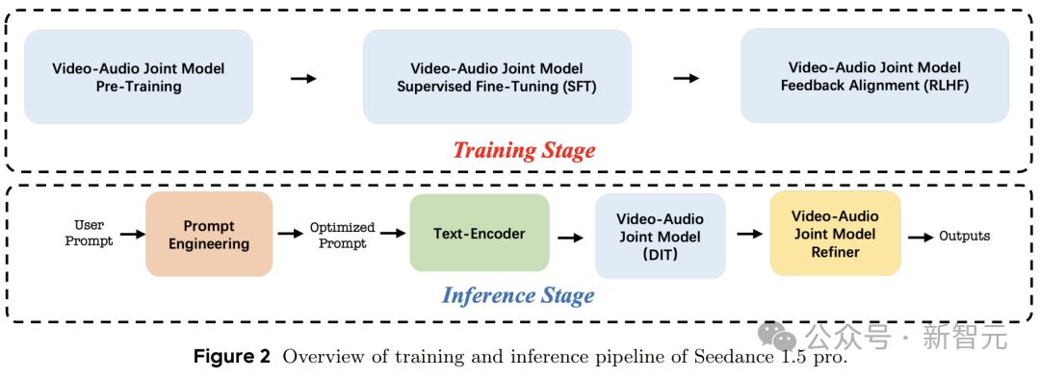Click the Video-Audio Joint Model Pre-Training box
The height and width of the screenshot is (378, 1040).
[x=139, y=77]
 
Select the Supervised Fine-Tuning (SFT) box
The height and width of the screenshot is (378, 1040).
[x=497, y=77]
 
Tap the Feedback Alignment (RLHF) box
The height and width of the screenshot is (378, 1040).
[x=874, y=77]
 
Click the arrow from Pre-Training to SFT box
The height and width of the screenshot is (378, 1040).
[x=303, y=78]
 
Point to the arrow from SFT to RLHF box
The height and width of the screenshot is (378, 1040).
[x=687, y=78]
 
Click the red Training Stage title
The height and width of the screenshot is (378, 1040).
[x=523, y=150]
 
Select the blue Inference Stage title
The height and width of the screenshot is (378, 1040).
[x=517, y=294]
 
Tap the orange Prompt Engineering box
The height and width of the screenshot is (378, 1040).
[x=209, y=234]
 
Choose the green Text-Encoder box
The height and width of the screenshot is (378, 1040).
[x=480, y=233]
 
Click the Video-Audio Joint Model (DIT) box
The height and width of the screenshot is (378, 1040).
[x=660, y=237]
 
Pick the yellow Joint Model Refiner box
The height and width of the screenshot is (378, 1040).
[x=835, y=234]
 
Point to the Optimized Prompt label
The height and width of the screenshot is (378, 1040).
[x=342, y=235]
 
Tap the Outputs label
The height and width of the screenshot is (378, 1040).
[x=964, y=236]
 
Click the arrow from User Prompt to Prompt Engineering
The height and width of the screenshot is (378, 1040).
[x=133, y=234]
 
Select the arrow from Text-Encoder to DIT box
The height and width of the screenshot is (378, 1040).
[x=570, y=237]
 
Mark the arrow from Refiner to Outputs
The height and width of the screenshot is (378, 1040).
[x=921, y=237]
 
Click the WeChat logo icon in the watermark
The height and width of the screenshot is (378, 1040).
[x=778, y=336]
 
